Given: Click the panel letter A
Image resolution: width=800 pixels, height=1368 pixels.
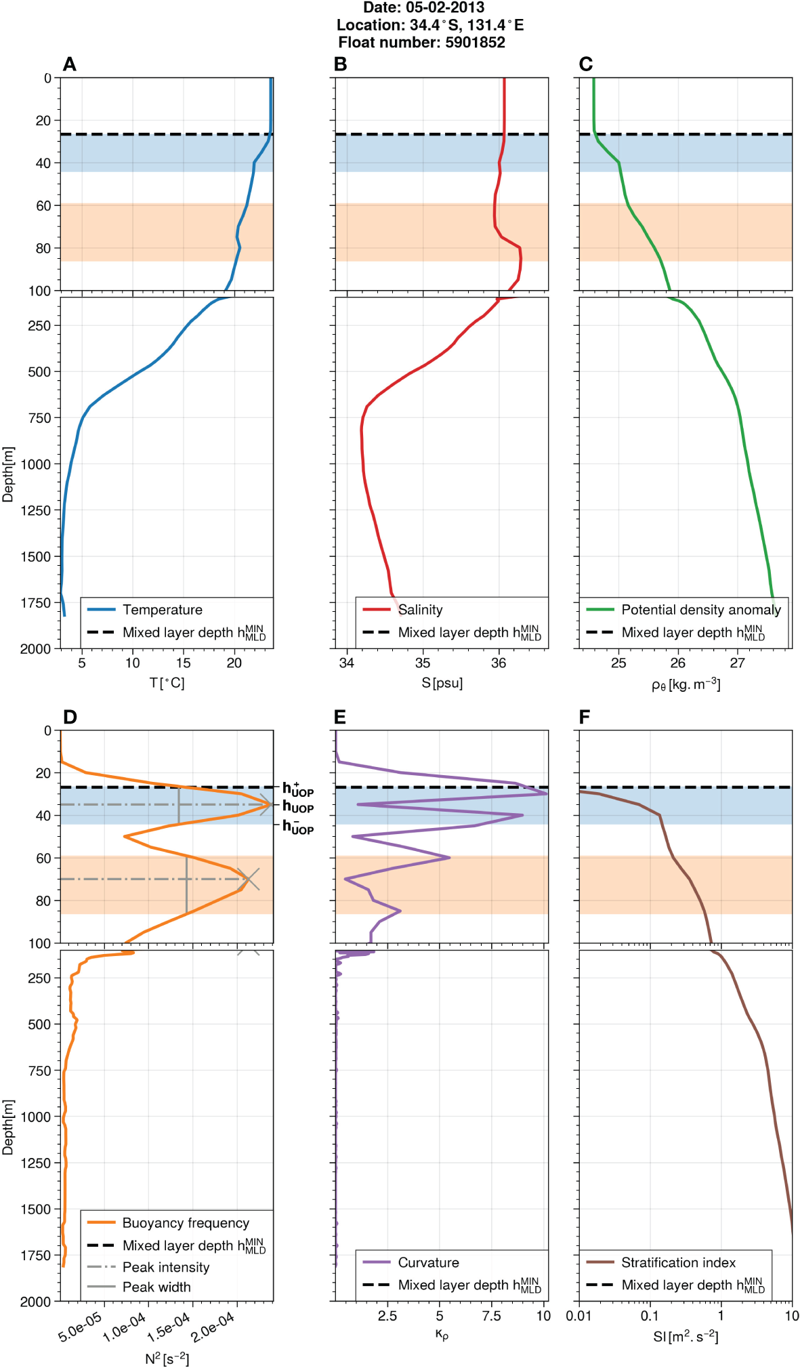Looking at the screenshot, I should (x=69, y=64).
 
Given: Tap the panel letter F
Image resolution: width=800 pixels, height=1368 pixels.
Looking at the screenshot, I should (x=585, y=717).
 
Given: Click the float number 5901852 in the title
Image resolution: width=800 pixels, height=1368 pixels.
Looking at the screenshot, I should (x=475, y=43).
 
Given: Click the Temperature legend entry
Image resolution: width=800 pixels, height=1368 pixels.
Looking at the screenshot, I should (x=162, y=610).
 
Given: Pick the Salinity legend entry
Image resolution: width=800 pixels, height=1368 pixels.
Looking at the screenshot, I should (x=420, y=610).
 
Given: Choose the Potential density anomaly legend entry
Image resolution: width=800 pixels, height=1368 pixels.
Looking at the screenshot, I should (x=700, y=610).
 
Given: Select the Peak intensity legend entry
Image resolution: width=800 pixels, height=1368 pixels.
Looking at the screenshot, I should (x=166, y=1267).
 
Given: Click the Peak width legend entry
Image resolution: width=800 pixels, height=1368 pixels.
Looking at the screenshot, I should (x=156, y=1287).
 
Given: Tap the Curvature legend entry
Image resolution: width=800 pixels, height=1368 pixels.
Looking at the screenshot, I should (x=428, y=1262).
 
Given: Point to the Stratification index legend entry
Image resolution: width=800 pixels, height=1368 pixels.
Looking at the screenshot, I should (x=678, y=1262).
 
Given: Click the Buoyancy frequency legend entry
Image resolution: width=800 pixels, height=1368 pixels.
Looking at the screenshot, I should (x=186, y=1223).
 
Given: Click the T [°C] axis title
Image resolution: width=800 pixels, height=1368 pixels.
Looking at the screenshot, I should (x=167, y=683).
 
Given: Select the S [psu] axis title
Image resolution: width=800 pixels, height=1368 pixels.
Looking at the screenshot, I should (x=442, y=683).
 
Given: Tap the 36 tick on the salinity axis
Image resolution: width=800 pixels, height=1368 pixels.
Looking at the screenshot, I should (x=499, y=663).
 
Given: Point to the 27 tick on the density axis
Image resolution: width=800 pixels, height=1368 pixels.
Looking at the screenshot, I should (x=737, y=663).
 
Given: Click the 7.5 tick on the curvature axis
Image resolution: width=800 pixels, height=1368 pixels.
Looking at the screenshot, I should (x=491, y=1316).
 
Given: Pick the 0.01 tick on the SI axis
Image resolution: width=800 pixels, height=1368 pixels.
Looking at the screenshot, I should (x=579, y=1316).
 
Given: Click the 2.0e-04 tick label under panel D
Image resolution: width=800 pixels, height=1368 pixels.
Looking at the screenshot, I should (x=214, y=1327).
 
